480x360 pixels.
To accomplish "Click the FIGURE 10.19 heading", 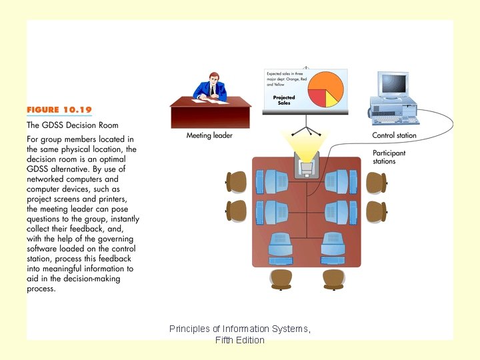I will (59, 110).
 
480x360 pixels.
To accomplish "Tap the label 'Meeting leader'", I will (209, 135).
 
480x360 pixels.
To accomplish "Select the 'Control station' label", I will (394, 135).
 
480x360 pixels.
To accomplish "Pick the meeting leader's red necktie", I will (211, 90).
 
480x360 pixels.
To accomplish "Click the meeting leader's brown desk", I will (211, 115).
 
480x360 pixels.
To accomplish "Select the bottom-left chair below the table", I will (280, 278).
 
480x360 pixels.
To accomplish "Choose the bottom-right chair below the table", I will (333, 278).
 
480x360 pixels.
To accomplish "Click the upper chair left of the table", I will (237, 181).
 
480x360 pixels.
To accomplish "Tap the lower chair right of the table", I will (376, 211).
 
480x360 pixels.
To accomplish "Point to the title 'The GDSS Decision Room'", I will (72, 125).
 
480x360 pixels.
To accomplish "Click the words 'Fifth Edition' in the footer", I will (240, 340).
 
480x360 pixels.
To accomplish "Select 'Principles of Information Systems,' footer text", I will (240, 329).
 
